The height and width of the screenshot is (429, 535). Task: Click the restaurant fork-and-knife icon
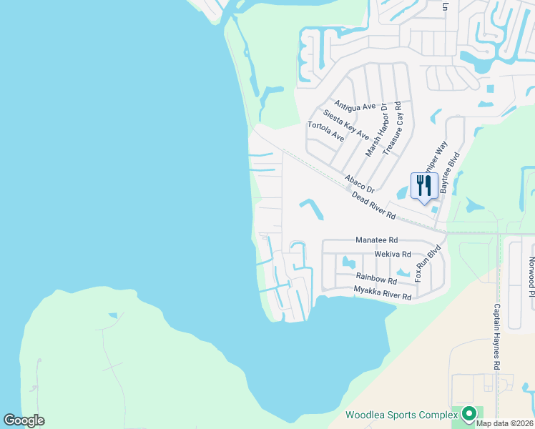click(423, 186)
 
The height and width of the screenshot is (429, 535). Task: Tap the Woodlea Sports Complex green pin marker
click(469, 413)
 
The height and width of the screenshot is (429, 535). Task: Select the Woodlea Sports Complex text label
click(401, 415)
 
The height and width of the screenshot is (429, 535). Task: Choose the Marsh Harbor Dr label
click(376, 130)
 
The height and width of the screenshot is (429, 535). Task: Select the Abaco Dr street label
click(359, 183)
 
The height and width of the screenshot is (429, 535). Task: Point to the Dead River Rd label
click(374, 209)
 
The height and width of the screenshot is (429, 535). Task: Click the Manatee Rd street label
click(376, 241)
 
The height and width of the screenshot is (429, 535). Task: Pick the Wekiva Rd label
click(392, 254)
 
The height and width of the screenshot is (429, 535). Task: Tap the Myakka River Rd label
click(383, 292)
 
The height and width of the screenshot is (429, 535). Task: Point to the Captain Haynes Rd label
click(495, 335)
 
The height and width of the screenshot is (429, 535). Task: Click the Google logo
click(24, 420)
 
